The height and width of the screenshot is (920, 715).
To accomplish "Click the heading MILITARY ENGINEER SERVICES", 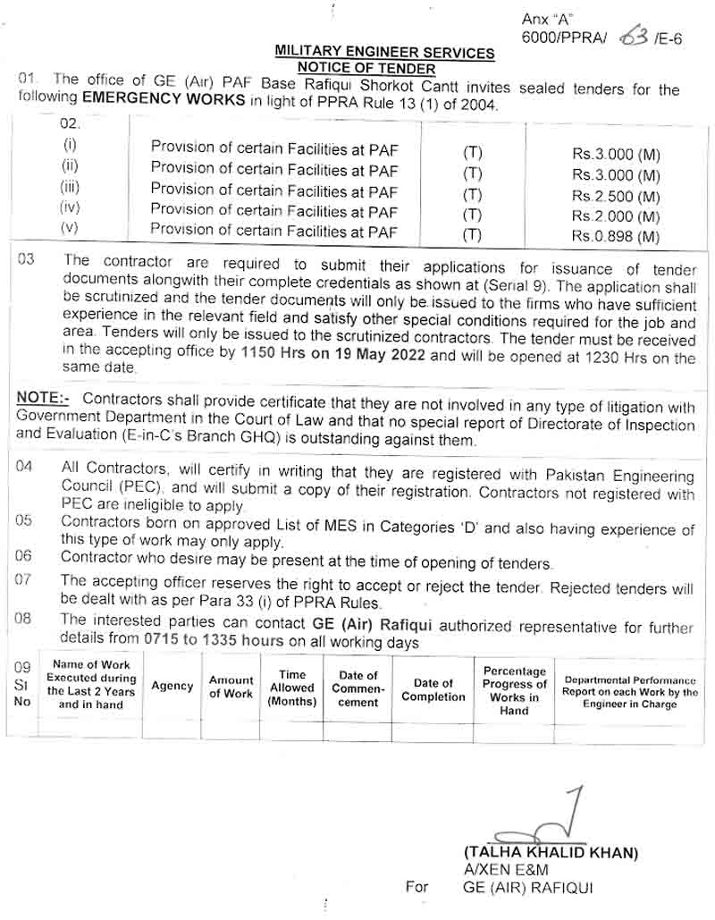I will pos(384,53).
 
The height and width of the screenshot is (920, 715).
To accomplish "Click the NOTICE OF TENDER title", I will pos(366,68).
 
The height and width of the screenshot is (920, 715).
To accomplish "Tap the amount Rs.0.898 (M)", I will pos(616,237).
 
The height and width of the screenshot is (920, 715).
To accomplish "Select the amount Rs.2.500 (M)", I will pos(616,196).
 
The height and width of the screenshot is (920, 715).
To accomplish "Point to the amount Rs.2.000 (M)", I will pos(616,216).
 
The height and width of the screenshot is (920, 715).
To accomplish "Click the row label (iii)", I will pos(71,188).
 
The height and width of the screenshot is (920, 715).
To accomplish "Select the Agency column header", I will pos(172,686).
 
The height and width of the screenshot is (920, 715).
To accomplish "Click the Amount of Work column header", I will pos(231,687).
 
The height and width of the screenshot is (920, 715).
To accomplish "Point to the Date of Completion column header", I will pos(433,689).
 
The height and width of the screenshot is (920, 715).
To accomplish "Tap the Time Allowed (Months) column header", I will pos(292,688).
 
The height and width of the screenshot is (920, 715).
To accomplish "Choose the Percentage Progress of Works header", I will pos(514,690).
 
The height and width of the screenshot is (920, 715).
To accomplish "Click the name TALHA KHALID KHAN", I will pos(551,853).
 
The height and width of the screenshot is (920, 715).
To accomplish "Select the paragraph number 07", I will pos(24,580).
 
